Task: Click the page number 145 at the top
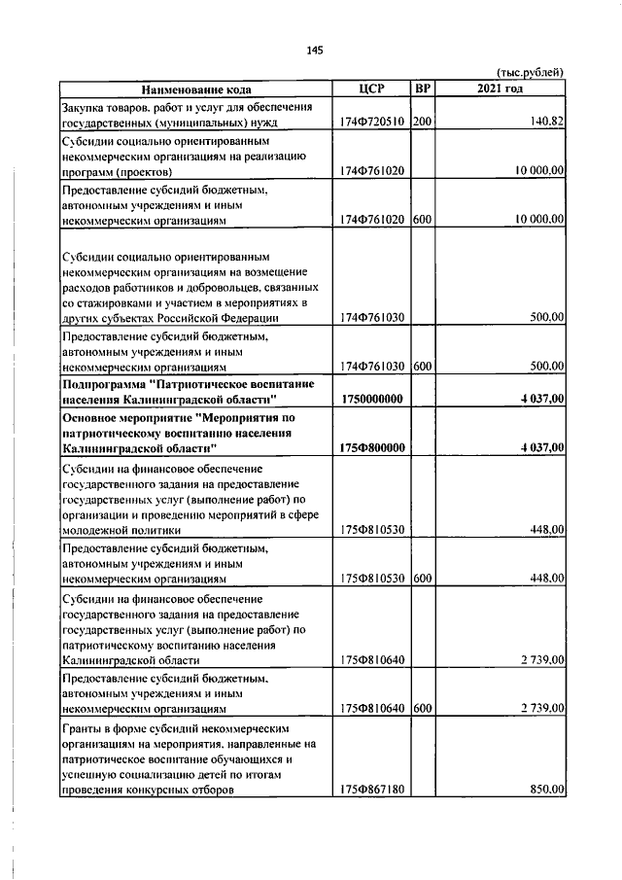tap(313, 51)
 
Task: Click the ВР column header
tap(423, 89)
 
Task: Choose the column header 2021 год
tap(501, 89)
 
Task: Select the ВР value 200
tap(422, 123)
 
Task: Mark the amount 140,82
tap(547, 123)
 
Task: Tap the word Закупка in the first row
tap(84, 106)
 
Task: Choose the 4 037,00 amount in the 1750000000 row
tap(541, 400)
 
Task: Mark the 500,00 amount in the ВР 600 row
tap(546, 366)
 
